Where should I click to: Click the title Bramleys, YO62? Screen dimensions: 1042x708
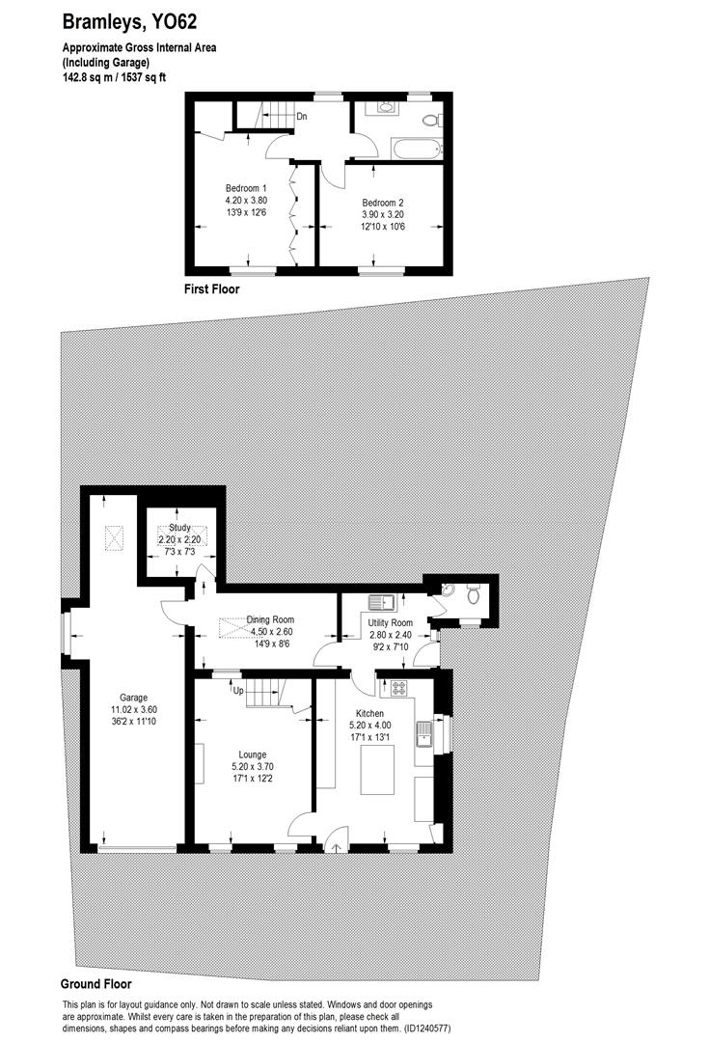(130, 21)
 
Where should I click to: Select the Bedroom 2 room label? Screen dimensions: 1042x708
(369, 202)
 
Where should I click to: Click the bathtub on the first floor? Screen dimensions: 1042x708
(416, 149)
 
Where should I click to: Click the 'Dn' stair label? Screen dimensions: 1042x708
(302, 117)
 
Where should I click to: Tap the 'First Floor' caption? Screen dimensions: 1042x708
(211, 288)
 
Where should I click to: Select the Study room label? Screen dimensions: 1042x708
(179, 528)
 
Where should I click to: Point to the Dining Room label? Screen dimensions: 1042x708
(270, 620)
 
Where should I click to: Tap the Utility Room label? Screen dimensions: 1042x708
(390, 623)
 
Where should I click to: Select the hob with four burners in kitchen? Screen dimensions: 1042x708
(397, 689)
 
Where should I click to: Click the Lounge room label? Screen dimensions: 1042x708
(253, 754)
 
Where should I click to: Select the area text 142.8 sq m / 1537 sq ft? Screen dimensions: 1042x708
(114, 77)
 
